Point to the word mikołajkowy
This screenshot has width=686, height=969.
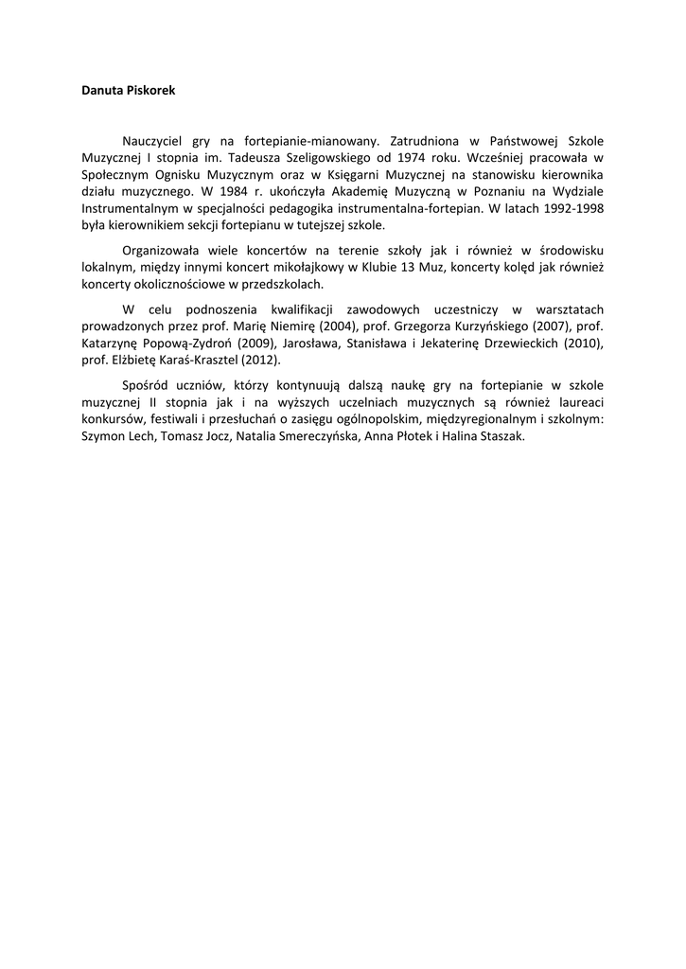(289, 268)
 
